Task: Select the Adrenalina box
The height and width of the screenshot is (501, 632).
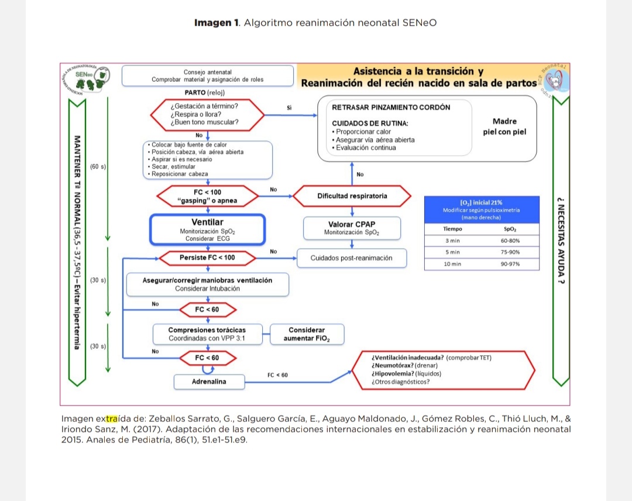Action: coord(209,382)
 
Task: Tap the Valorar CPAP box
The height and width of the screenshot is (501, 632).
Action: coord(352,228)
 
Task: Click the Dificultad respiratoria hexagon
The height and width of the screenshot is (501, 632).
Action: coord(352,196)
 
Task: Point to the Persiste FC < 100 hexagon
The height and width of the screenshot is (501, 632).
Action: coord(207,258)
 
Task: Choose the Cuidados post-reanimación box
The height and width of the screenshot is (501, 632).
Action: coord(351,258)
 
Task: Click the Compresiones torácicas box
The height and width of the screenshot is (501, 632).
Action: coord(207,334)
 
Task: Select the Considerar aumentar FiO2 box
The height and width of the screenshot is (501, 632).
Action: coord(306,334)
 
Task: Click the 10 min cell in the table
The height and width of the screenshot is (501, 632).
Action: coord(452,264)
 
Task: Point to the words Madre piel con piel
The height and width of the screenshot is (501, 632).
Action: coord(504,126)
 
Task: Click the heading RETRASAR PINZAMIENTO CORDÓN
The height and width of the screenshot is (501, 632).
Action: coord(391,108)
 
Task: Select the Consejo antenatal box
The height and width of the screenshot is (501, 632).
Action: coord(207,76)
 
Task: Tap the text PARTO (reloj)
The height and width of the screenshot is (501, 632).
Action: coord(204,92)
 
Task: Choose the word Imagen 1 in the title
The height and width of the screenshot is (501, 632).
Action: coord(217,23)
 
